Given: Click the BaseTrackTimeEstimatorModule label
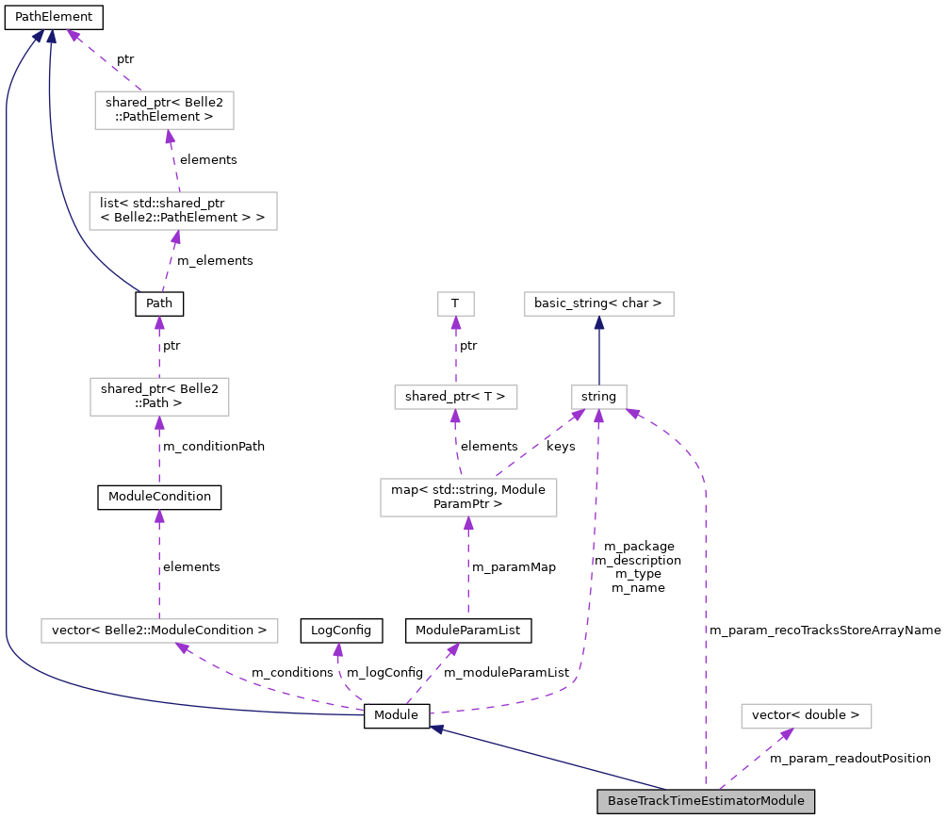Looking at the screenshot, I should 706,801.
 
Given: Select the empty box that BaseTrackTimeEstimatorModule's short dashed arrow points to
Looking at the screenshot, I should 806,716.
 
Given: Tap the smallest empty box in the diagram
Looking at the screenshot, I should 456,303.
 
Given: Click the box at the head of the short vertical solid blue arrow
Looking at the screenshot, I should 598,303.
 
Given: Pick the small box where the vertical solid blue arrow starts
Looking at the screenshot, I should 598,397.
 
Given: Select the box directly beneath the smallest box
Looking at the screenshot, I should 456,397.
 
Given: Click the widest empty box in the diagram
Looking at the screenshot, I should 159,631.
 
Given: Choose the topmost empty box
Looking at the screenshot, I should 164,110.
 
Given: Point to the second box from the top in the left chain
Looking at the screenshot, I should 183,211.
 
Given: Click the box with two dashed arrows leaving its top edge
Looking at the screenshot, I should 468,498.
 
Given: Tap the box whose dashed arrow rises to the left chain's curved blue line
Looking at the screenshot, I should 159,397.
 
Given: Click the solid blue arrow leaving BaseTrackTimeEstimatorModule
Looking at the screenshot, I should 547,758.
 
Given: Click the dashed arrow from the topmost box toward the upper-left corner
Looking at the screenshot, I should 104,61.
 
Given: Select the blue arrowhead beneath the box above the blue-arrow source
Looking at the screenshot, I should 598,322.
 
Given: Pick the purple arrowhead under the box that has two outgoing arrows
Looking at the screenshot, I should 467,524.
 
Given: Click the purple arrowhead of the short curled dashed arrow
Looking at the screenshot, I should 337,650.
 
